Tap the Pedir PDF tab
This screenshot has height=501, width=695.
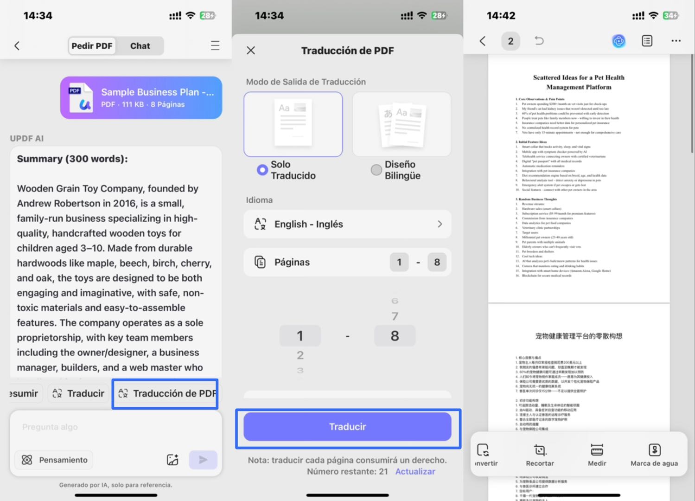[x=92, y=46]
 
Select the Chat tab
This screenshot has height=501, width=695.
[x=140, y=46]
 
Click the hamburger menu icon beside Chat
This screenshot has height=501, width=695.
[x=215, y=45]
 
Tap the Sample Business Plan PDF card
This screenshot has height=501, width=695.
[x=141, y=98]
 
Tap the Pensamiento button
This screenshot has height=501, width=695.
[x=54, y=460]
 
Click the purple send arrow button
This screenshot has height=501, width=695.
[x=203, y=460]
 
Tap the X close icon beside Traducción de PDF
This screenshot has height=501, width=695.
[x=251, y=50]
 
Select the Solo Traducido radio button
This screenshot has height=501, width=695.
[x=262, y=170]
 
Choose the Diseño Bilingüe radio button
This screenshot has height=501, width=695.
[x=376, y=170]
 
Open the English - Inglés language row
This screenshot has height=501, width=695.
[x=347, y=224]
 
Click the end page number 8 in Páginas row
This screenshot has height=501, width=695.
[x=437, y=262]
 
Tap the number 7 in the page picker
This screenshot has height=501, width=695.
[x=395, y=316]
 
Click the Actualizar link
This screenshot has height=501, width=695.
[x=415, y=471]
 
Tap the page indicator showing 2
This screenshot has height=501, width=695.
[x=510, y=41]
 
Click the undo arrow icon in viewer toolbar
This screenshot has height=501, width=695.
[x=539, y=41]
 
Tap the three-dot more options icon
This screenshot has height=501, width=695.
[x=676, y=41]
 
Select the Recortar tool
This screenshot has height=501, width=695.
[x=540, y=455]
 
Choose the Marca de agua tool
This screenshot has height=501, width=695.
[x=654, y=455]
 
